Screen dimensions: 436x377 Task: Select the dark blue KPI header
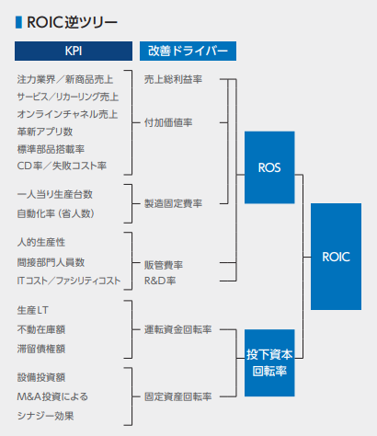pyautogui.click(x=73, y=51)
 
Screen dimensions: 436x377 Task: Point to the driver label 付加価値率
pyautogui.click(x=167, y=121)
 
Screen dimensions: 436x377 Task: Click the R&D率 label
pyautogui.click(x=160, y=280)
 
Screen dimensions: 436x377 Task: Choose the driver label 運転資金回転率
pyautogui.click(x=178, y=328)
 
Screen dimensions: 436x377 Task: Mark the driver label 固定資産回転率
pyautogui.click(x=178, y=396)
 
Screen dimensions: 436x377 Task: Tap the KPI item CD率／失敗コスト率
pyautogui.click(x=61, y=166)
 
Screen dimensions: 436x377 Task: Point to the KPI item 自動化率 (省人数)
pyautogui.click(x=55, y=213)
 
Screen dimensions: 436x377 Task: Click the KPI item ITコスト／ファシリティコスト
pyautogui.click(x=69, y=280)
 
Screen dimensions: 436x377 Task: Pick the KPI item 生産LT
pyautogui.click(x=35, y=308)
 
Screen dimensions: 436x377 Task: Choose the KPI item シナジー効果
pyautogui.click(x=46, y=416)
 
